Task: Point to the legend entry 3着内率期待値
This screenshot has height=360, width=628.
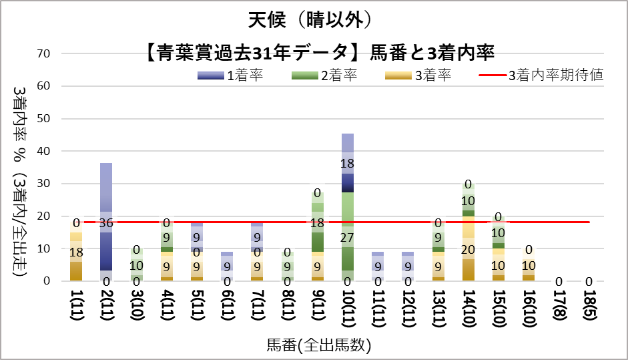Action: pyautogui.click(x=541, y=75)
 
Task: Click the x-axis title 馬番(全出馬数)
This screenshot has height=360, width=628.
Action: pyautogui.click(x=319, y=345)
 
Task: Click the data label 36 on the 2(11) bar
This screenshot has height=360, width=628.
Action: pyautogui.click(x=106, y=222)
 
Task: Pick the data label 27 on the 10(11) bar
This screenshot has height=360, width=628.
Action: pyautogui.click(x=348, y=237)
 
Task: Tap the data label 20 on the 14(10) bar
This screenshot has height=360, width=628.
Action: pyautogui.click(x=468, y=248)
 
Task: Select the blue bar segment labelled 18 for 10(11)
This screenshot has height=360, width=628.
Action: pyautogui.click(x=348, y=163)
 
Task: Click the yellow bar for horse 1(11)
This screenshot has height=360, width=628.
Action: pyautogui.click(x=76, y=260)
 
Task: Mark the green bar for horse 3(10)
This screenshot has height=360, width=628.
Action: pyautogui.click(x=136, y=264)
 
